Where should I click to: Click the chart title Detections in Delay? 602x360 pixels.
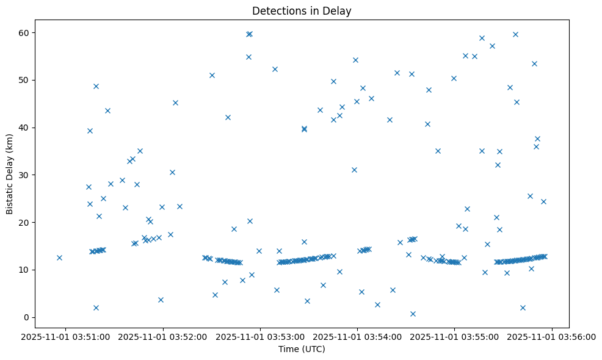tap(301, 11)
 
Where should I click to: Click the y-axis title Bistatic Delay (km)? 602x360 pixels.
tap(10, 174)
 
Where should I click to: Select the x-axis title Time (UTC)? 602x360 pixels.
tap(301, 349)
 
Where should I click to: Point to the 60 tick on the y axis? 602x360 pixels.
tap(30, 32)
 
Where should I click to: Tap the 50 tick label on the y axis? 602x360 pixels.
tap(30, 80)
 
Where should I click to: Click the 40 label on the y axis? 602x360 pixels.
tap(30, 128)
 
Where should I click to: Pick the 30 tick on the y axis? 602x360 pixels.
tap(30, 175)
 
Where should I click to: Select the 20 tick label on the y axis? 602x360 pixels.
tap(30, 222)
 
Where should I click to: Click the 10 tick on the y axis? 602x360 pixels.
tap(30, 270)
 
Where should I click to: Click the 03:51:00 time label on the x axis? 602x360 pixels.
tap(67, 337)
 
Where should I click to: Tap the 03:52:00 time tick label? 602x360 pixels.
tap(164, 337)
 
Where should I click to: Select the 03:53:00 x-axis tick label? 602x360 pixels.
tap(261, 337)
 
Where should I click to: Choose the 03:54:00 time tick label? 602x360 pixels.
tap(358, 337)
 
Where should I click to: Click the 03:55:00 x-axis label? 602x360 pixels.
tap(455, 337)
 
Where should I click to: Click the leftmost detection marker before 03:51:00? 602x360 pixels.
tap(59, 257)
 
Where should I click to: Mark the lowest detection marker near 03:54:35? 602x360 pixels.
tap(413, 314)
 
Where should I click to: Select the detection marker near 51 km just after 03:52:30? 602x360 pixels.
tap(212, 75)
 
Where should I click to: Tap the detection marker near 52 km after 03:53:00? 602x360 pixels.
tap(275, 69)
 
